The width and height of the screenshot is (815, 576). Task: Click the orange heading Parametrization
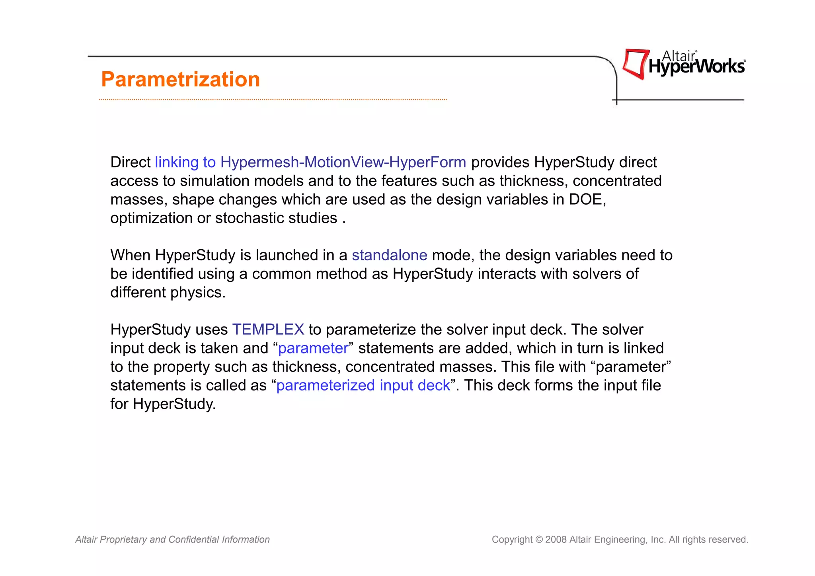click(180, 79)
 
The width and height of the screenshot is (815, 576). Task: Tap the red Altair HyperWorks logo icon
click(636, 64)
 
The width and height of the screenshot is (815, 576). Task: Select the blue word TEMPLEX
click(268, 330)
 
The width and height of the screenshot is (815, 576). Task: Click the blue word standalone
click(389, 255)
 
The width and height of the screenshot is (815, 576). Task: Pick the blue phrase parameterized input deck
click(363, 385)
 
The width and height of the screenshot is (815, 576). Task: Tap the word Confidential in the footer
click(193, 540)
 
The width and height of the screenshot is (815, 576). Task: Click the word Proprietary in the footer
click(123, 540)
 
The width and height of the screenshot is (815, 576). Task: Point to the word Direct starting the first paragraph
click(130, 162)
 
